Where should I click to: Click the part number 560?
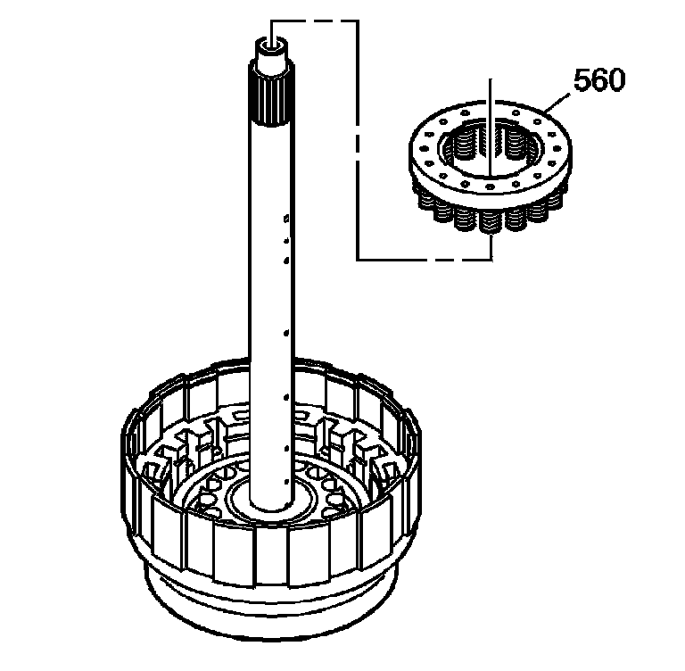tap(598, 80)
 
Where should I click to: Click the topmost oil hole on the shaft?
tap(285, 217)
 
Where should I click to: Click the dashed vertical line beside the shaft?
tap(357, 143)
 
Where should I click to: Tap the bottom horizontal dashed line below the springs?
tap(424, 259)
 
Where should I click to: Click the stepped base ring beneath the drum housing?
tap(268, 616)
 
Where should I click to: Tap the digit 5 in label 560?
tap(581, 80)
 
